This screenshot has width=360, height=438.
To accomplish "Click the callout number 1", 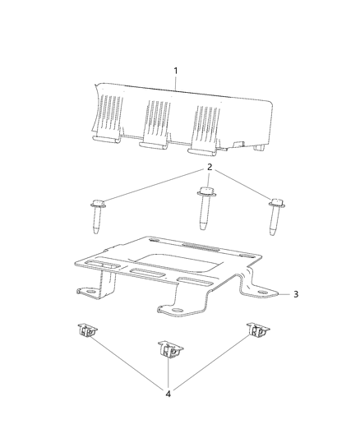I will point(175,71).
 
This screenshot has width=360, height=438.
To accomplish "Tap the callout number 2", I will point(209,168).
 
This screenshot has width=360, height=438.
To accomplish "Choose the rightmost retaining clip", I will point(257,332).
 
